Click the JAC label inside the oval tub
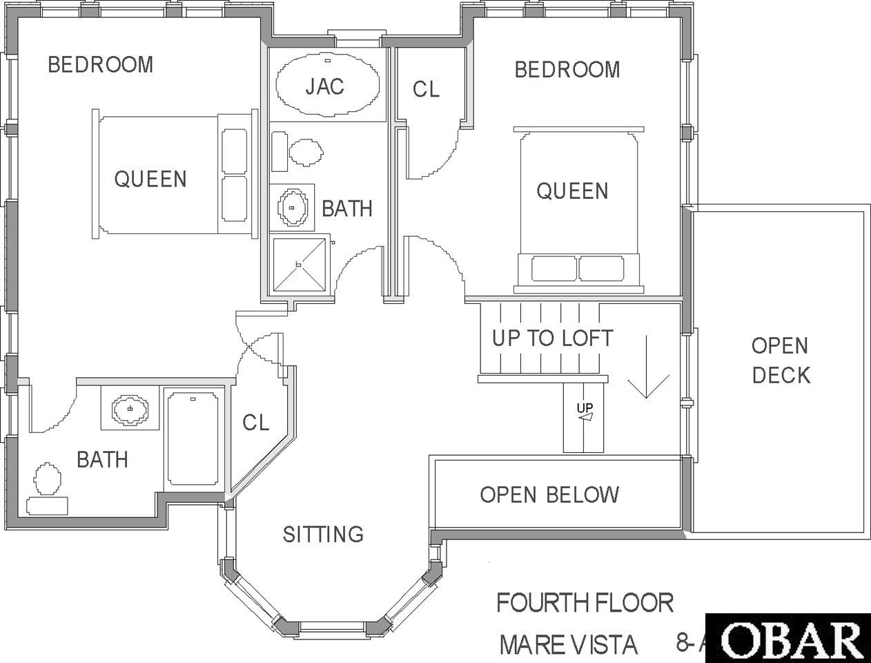point(324,86)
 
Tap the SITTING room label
point(323,534)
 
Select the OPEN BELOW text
point(549,494)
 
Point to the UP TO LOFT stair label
point(553,338)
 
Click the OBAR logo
point(788,638)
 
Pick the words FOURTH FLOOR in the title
point(585,602)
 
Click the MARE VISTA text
point(568,644)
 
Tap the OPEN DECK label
point(781,361)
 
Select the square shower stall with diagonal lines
point(300,264)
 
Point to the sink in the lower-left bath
point(130,407)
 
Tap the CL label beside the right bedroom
point(426,89)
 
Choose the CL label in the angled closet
point(256,423)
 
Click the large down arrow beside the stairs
point(647,367)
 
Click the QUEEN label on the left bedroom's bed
point(150,179)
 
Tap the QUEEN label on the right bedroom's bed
point(572,191)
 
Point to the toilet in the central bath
point(297,152)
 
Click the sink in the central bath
point(292,208)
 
